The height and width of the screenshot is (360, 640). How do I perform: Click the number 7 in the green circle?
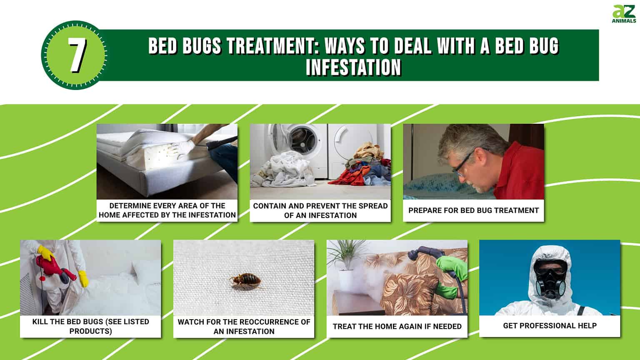(x=77, y=55)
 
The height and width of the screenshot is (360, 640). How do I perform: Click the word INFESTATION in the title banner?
(x=353, y=67)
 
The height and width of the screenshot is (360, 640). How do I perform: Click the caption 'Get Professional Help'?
(x=550, y=326)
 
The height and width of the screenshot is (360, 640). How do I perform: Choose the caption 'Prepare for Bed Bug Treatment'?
(x=473, y=210)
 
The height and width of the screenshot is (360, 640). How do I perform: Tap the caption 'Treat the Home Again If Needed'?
(x=397, y=326)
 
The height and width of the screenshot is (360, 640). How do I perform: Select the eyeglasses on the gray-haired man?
(x=463, y=164)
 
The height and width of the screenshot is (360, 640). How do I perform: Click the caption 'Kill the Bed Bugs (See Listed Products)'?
(x=90, y=326)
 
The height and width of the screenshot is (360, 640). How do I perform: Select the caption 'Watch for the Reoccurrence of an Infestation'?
(x=244, y=326)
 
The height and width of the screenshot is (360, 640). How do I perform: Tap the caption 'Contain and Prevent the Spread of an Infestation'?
(x=320, y=210)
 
